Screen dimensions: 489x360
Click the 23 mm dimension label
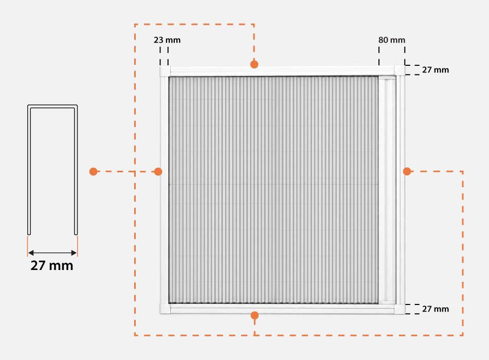(x=167, y=40)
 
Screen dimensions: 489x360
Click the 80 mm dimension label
(x=392, y=40)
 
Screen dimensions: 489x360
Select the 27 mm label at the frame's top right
(x=436, y=70)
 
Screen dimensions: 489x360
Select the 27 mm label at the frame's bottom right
(x=436, y=309)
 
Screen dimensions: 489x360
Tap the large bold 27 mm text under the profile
(x=52, y=265)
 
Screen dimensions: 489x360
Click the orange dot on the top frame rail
(x=254, y=64)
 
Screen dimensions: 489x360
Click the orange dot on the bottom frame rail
(x=255, y=315)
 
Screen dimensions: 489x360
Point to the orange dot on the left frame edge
(x=158, y=171)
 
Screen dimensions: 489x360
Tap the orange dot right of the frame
(x=407, y=171)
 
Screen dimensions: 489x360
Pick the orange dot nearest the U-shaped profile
(x=93, y=171)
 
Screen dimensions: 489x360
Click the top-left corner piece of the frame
(x=165, y=71)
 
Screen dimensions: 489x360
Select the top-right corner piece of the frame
(x=400, y=70)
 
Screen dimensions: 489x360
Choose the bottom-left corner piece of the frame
(x=165, y=309)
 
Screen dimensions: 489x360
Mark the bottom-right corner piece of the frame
(x=400, y=309)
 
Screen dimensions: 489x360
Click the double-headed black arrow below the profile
(x=52, y=253)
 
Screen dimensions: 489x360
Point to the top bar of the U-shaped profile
(x=52, y=106)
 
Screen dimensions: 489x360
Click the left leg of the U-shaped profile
(x=29, y=170)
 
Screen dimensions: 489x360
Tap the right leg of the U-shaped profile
(x=76, y=170)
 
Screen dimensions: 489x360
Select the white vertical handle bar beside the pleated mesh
(x=387, y=190)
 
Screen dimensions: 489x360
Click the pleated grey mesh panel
(x=274, y=190)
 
